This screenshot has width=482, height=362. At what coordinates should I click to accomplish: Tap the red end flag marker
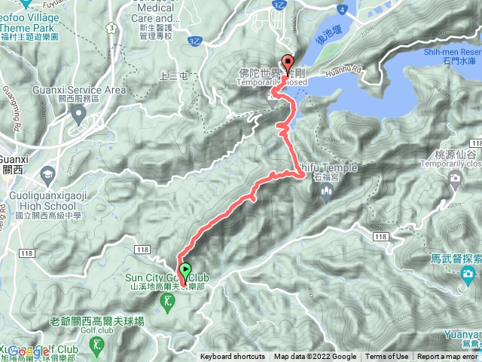288,64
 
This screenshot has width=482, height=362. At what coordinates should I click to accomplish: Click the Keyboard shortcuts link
232,357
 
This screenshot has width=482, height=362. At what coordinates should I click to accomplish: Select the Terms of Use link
386,357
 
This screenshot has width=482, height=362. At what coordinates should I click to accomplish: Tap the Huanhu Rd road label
346,73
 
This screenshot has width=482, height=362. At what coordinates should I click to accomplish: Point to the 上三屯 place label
175,76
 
